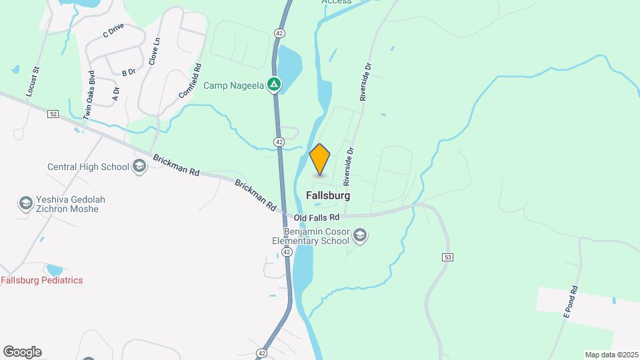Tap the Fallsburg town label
tap(328, 196)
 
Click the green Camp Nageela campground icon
tap(274, 85)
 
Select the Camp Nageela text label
tap(233, 85)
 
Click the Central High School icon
tap(140, 166)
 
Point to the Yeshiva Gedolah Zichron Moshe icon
tap(25, 203)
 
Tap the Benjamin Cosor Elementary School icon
tap(360, 235)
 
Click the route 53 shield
tap(447, 257)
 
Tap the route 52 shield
tap(53, 115)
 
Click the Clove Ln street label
tap(155, 50)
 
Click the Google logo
tap(22, 352)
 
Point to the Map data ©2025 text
tap(611, 355)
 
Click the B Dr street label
tap(129, 72)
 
